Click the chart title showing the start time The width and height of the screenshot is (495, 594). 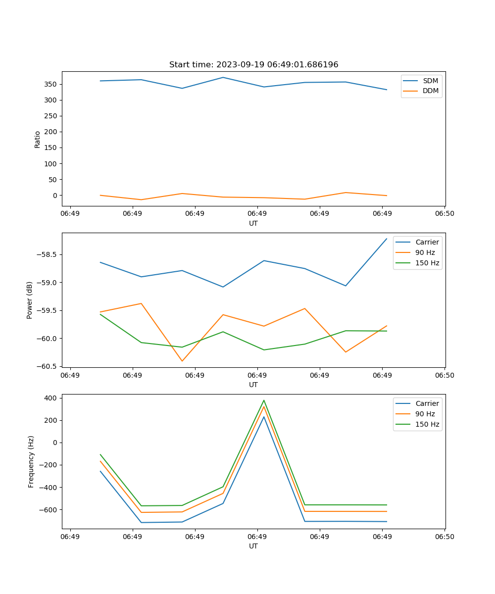click(x=253, y=65)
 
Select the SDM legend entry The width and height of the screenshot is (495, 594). click(x=430, y=81)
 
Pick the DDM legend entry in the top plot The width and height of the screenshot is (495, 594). click(x=431, y=91)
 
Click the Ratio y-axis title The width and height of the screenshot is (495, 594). click(x=38, y=139)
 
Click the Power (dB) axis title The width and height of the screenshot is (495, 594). click(x=30, y=300)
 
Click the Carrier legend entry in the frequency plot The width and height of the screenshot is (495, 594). click(x=427, y=403)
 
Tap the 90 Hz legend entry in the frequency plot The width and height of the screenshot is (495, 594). click(x=425, y=414)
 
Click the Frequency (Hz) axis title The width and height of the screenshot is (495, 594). click(x=31, y=461)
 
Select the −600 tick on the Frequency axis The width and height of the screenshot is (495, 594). click(x=49, y=510)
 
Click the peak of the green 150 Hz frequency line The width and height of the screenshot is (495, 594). click(x=264, y=400)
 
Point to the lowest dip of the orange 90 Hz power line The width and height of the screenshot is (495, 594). click(x=182, y=361)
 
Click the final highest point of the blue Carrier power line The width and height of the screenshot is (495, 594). click(x=387, y=239)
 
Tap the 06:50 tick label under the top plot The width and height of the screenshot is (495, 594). click(x=445, y=213)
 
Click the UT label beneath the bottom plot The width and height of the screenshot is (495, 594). click(x=253, y=546)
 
